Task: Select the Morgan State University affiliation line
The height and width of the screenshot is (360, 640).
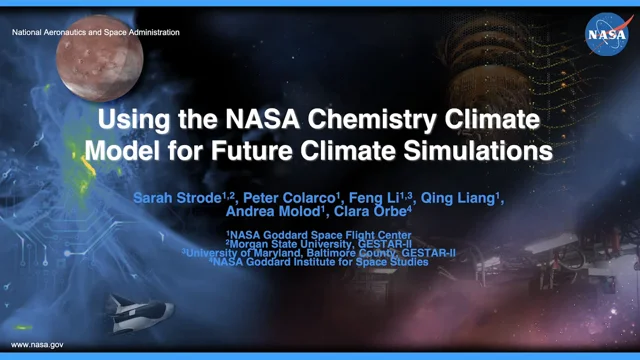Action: pyautogui.click(x=320, y=245)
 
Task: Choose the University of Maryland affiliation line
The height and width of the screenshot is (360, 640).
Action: pyautogui.click(x=320, y=254)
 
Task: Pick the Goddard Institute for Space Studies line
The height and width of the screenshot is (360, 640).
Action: pyautogui.click(x=320, y=263)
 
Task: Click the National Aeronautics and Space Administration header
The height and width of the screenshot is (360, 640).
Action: pyautogui.click(x=96, y=33)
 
